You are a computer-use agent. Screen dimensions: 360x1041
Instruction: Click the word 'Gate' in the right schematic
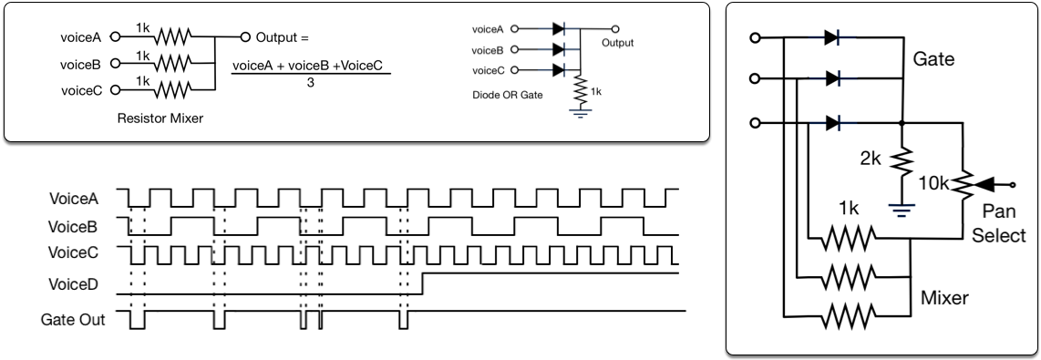pos(933,59)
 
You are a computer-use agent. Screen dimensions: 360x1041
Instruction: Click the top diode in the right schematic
pos(831,38)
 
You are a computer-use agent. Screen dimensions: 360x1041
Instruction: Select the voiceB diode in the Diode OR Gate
pos(559,49)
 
